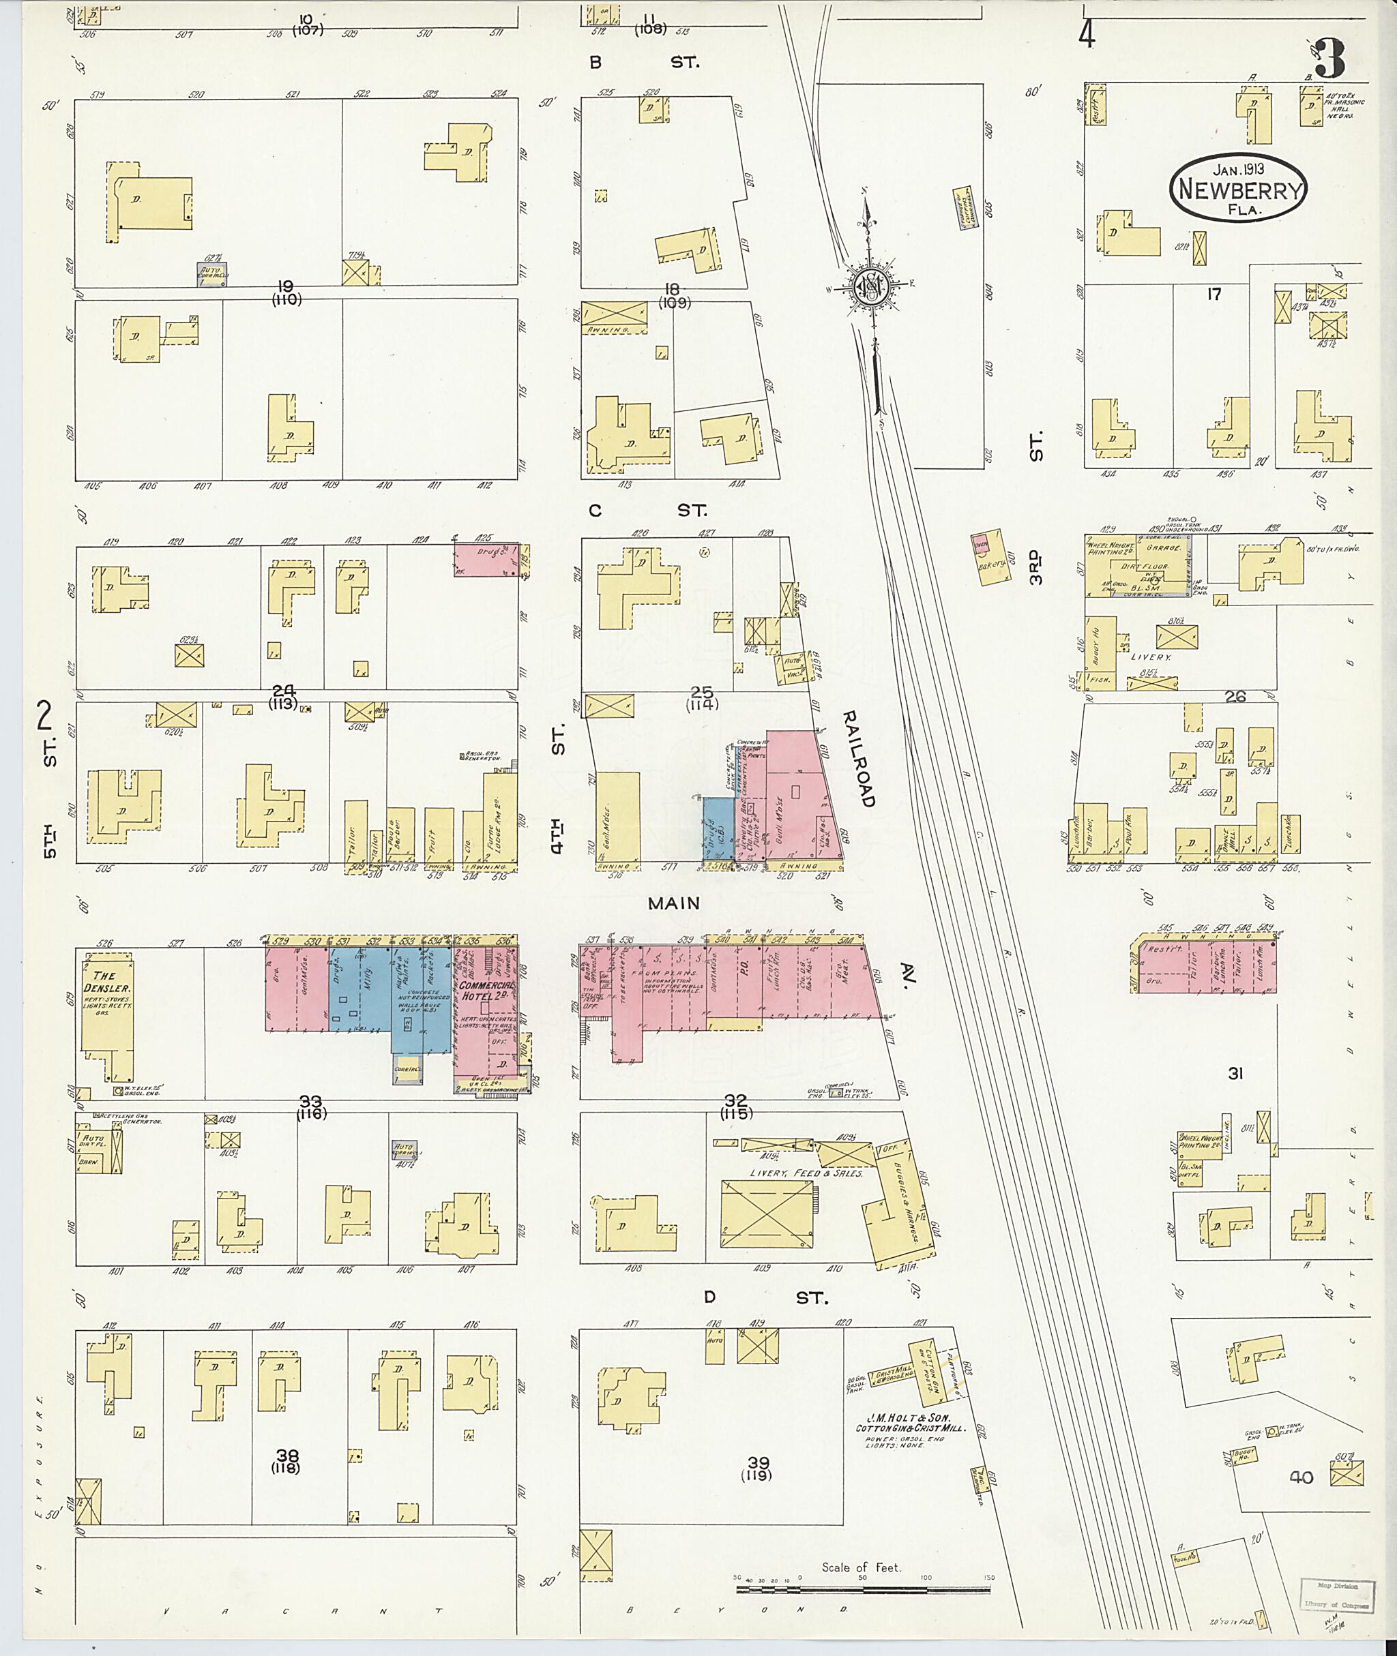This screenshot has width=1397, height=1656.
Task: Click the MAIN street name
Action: tap(674, 903)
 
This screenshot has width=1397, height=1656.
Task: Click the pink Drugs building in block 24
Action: tap(485, 559)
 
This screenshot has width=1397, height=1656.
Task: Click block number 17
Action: tap(1214, 295)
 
